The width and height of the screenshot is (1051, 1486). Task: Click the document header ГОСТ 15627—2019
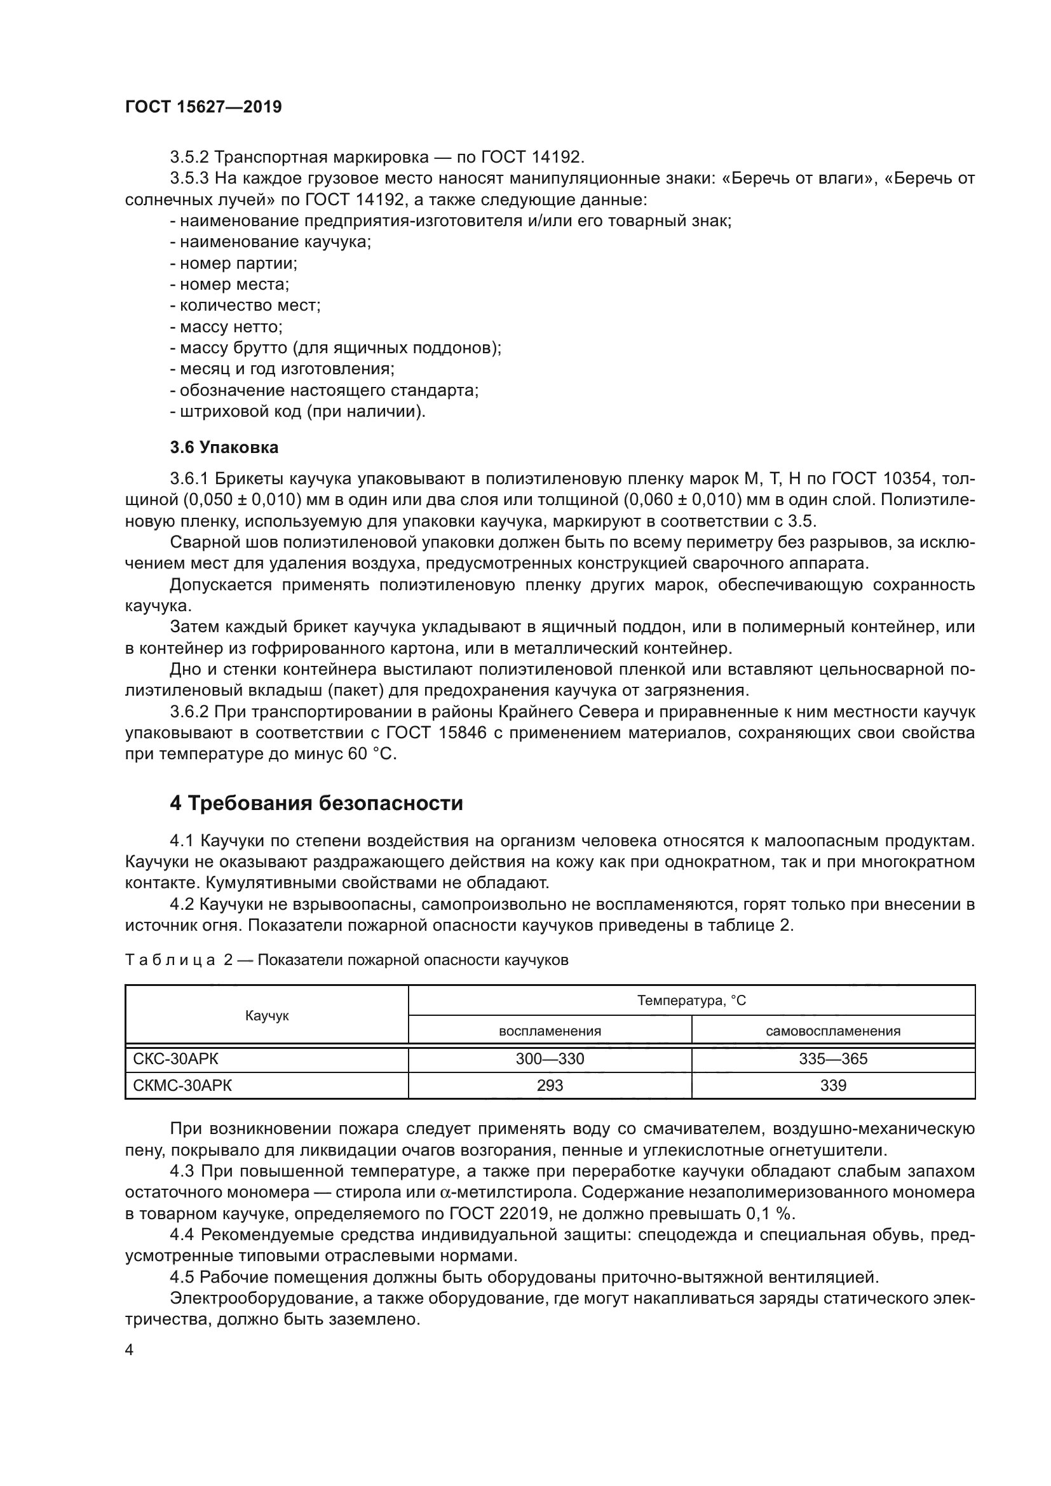(203, 107)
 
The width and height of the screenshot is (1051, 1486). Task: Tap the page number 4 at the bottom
(130, 1350)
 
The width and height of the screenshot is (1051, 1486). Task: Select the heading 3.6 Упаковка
(224, 447)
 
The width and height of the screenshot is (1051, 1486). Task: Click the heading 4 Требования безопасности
(316, 804)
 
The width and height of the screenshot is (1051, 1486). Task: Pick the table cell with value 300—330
(550, 1059)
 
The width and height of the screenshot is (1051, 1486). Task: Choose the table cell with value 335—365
(833, 1059)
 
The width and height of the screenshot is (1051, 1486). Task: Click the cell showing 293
(550, 1085)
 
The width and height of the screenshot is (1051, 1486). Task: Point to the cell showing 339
(833, 1085)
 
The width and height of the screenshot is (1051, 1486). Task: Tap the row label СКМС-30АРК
(182, 1085)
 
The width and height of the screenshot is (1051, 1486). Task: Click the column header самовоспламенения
(833, 1031)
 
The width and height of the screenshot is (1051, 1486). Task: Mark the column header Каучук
(267, 1016)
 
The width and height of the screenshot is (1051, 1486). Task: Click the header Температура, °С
(691, 1001)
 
